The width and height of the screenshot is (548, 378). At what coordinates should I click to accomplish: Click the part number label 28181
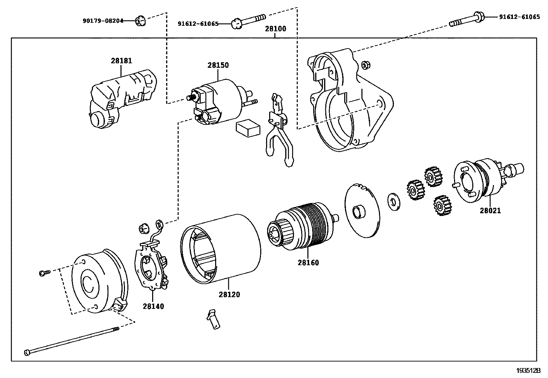pos(121,61)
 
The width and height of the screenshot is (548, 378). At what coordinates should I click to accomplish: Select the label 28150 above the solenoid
pos(218,65)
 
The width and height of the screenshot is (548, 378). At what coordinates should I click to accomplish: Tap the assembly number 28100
pos(275,29)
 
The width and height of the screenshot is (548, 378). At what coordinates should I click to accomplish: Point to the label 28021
pos(490,210)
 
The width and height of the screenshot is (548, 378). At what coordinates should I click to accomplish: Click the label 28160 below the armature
pos(308,263)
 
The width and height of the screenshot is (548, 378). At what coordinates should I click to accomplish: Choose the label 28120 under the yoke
pos(229,295)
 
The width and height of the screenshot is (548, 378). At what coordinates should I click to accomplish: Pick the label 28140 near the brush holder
pos(153,306)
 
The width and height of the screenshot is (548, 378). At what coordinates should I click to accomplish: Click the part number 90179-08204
pos(103,21)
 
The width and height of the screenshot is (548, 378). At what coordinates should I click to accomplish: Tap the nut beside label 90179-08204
pos(140,21)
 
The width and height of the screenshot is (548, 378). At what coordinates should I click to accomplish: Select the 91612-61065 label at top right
pos(519,17)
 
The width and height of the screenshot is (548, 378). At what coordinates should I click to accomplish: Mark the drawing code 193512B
pos(528,371)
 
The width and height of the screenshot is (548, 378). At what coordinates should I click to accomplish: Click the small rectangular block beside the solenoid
pos(248,129)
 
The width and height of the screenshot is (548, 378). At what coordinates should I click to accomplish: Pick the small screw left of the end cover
pos(44,273)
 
